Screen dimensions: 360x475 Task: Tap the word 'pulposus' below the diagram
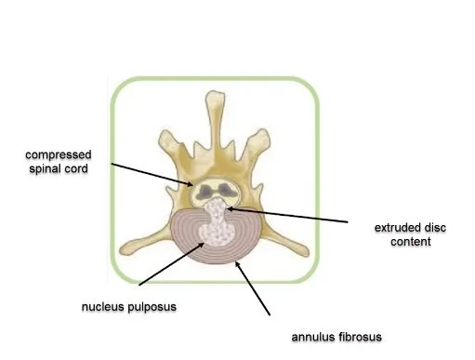click(164, 304)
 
